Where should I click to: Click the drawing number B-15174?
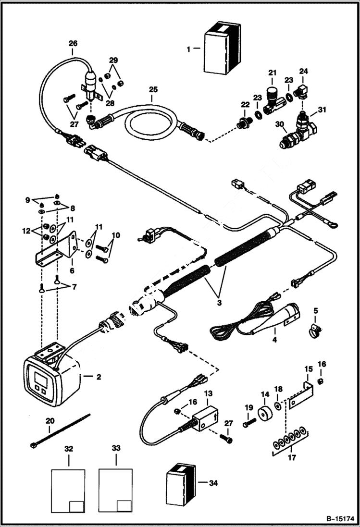pyautogui.click(x=339, y=519)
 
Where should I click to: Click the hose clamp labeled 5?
pyautogui.click(x=314, y=330)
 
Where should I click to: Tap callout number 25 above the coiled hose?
pyautogui.click(x=153, y=90)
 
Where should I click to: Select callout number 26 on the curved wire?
pyautogui.click(x=73, y=43)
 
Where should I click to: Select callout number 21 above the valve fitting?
pyautogui.click(x=273, y=73)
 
